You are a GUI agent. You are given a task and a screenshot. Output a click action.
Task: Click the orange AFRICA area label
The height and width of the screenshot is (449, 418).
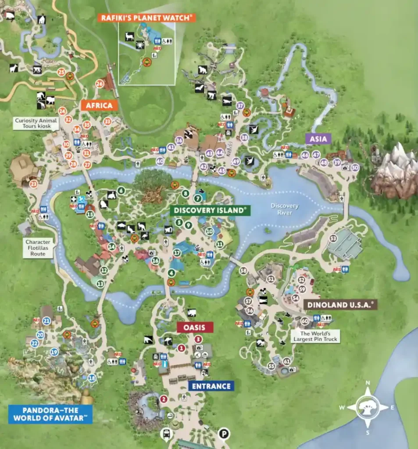click(x=99, y=105)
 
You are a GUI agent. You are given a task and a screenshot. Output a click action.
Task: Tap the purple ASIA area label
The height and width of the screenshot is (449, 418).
click(x=318, y=139)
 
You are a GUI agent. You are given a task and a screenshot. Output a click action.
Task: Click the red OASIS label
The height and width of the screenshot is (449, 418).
click(x=195, y=327)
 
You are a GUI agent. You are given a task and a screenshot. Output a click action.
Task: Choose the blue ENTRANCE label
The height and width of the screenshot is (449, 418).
click(x=211, y=386)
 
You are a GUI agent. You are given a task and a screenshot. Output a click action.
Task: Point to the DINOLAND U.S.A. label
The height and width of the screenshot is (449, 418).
click(x=340, y=305)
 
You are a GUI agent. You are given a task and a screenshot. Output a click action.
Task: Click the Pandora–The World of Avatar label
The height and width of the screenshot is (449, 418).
click(x=50, y=414)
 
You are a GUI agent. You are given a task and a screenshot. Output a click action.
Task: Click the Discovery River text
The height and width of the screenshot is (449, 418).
click(x=284, y=209)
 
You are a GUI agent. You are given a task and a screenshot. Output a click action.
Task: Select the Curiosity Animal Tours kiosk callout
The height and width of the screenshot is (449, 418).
click(x=36, y=124)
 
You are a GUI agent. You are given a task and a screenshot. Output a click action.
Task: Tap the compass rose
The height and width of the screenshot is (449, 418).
click(x=368, y=407)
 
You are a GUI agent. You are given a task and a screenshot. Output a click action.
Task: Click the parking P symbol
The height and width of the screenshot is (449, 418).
click(x=224, y=434)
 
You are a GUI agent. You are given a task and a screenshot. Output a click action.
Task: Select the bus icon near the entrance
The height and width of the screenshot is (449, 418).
click(x=167, y=434)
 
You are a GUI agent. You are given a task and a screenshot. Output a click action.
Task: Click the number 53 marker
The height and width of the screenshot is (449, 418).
click(x=333, y=239)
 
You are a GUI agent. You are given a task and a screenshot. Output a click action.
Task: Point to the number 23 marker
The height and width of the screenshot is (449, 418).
click(x=33, y=185)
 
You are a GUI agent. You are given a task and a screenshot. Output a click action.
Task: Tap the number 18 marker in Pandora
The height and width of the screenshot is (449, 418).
click(x=92, y=378)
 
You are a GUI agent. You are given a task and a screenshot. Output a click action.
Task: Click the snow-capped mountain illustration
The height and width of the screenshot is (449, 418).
click(x=395, y=169)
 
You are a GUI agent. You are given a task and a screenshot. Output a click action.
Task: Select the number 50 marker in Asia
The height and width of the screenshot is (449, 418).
click(x=355, y=167)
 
